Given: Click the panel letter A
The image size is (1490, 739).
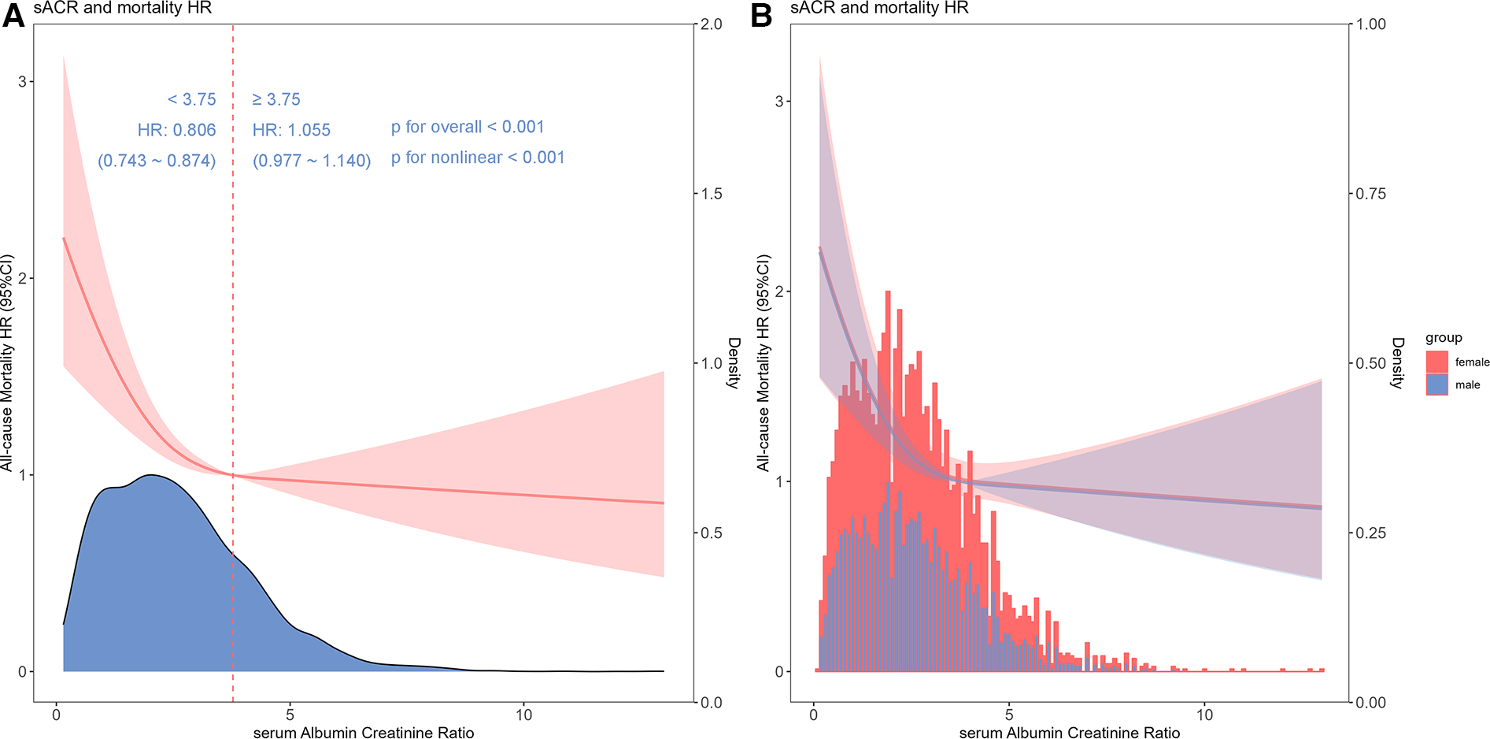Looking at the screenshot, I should (13, 16).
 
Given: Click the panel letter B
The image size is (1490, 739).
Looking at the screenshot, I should (761, 16).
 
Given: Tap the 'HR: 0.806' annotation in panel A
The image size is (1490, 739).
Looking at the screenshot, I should (176, 130).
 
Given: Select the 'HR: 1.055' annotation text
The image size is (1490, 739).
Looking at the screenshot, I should (291, 130).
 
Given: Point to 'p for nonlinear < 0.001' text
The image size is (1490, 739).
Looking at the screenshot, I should (478, 158).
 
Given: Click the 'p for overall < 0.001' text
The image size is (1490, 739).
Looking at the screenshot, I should (468, 127).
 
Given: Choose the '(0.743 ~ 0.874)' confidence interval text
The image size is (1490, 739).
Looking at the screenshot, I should (157, 161).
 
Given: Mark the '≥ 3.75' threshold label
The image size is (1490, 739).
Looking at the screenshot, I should (276, 99).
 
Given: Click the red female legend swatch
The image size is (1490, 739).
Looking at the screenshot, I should (1436, 362).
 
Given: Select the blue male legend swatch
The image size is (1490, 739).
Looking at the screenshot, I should (1436, 384).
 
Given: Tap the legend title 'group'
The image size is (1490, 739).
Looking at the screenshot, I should (1443, 338).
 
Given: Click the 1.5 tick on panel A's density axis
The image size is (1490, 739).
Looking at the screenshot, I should (712, 194).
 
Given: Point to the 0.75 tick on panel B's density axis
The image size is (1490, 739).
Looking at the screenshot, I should (1370, 194).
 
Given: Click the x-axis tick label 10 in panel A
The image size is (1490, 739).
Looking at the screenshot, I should (523, 715).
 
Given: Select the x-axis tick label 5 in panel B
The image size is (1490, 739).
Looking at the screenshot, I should (1009, 715).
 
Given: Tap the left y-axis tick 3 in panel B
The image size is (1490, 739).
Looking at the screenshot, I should (779, 102).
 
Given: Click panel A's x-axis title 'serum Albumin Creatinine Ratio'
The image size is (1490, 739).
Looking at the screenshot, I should (364, 733).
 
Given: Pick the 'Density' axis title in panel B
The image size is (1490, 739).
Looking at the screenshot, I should (1397, 363).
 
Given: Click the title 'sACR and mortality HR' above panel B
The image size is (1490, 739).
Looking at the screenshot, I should (879, 8).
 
